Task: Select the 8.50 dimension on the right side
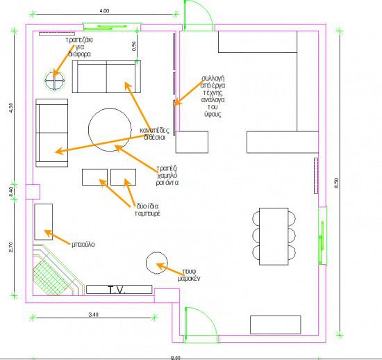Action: point(337,183)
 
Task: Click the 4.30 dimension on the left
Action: point(10,109)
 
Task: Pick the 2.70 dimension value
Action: point(10,248)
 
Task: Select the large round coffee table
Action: point(110,129)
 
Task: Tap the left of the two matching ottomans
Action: point(94,177)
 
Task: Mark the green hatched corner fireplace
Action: point(53,274)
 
